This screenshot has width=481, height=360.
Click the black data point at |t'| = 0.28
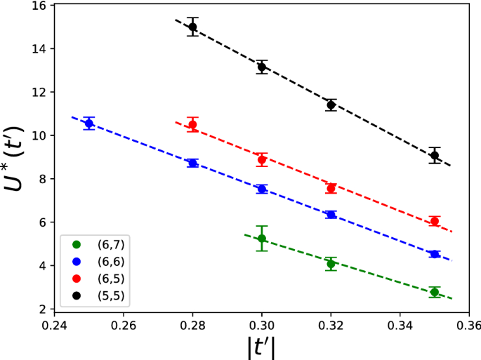point(192,27)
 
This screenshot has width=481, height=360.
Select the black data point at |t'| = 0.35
point(435,155)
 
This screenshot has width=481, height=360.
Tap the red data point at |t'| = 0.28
point(192,125)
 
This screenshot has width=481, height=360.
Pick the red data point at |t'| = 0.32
point(331,188)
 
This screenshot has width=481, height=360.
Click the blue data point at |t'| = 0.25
point(89,124)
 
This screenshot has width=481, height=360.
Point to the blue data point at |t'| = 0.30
point(262,189)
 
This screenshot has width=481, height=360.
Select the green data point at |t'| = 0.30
point(262,239)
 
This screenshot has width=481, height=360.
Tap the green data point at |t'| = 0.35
point(435,292)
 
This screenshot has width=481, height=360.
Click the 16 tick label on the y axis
point(39,6)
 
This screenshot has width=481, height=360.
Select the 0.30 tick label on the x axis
point(262,326)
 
